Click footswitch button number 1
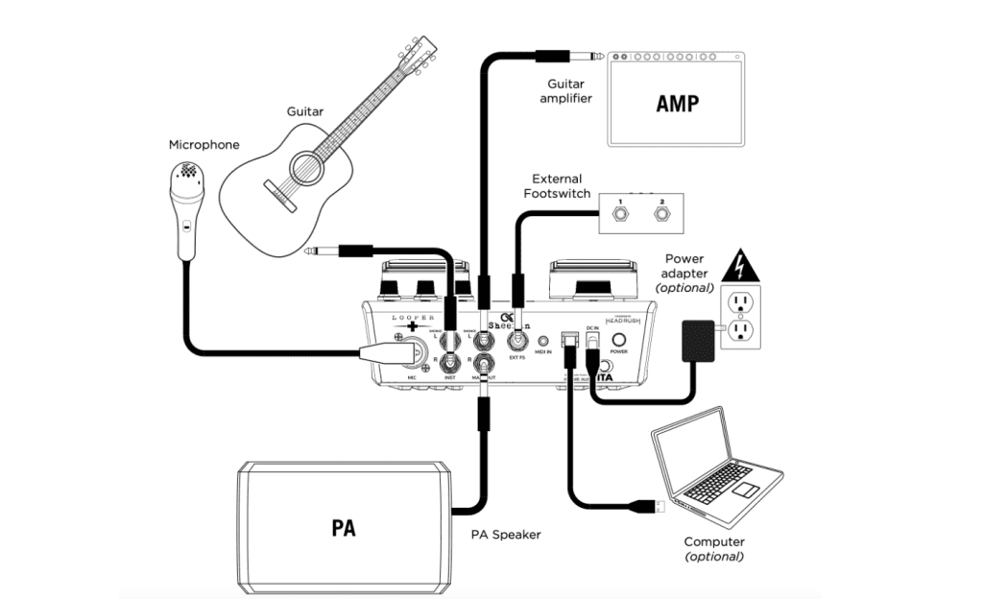tap(620, 213)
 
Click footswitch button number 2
tap(660, 213)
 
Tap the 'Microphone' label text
tap(204, 145)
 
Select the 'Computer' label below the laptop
tap(715, 542)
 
